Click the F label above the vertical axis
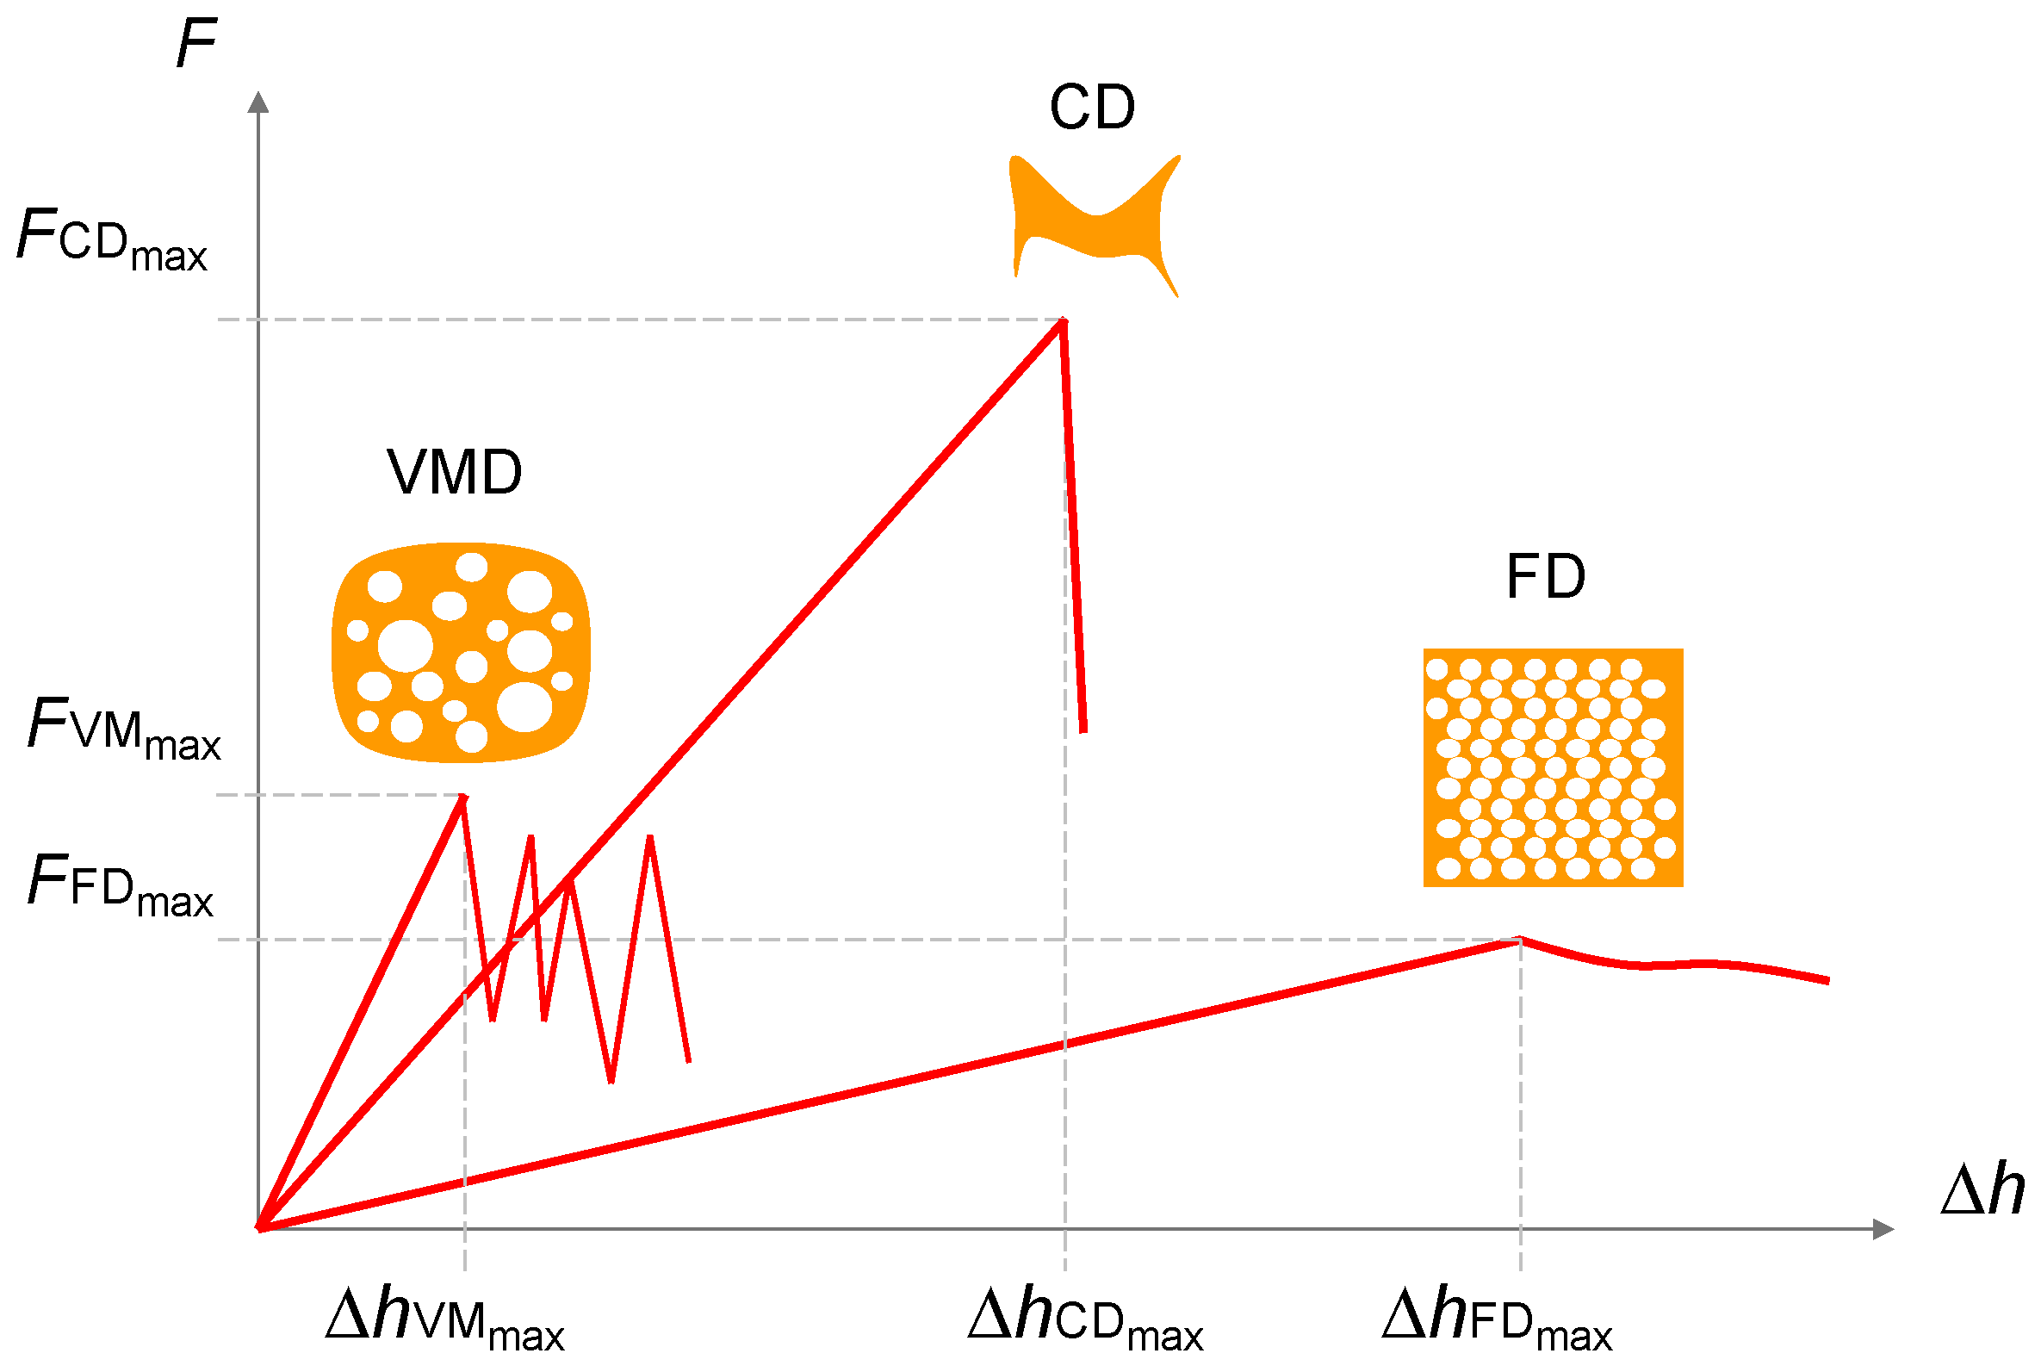point(196,44)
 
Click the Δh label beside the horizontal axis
point(1982,1191)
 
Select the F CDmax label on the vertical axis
point(112,239)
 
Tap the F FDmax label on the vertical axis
point(120,885)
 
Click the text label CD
point(1092,109)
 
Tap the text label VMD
point(454,474)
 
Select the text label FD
point(1545,578)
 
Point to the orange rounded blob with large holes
point(461,652)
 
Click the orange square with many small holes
point(1553,767)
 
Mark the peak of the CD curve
point(1063,321)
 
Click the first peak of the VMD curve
point(462,798)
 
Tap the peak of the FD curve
point(1521,940)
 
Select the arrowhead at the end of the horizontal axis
point(1883,1229)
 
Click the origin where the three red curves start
point(260,1228)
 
